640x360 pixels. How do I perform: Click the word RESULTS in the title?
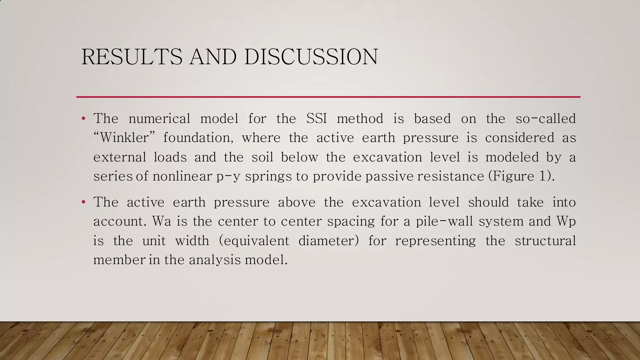coord(132,57)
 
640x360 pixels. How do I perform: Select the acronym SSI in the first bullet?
coord(317,119)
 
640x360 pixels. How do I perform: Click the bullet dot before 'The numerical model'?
coord(83,119)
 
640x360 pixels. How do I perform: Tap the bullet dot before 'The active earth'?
coord(83,202)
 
